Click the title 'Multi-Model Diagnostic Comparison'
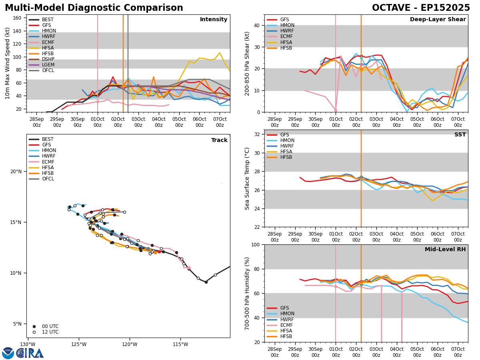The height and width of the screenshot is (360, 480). (x=94, y=8)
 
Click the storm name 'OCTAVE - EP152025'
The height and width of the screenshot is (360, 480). (x=421, y=8)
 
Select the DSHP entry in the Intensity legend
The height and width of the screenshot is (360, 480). (x=48, y=59)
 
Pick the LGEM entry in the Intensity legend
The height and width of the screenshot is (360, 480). (x=48, y=65)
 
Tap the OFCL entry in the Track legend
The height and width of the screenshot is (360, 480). (x=48, y=179)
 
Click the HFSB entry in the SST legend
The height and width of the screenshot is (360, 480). (x=287, y=157)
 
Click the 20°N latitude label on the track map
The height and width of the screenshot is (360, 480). (x=16, y=172)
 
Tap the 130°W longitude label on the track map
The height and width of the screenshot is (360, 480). (x=28, y=344)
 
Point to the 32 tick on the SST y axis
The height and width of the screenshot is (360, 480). (x=258, y=134)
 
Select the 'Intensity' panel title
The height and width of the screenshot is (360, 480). (x=214, y=20)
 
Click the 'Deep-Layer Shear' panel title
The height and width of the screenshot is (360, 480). (x=438, y=20)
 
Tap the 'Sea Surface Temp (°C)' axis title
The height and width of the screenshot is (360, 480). (x=248, y=178)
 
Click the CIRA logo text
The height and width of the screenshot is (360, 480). (x=30, y=353)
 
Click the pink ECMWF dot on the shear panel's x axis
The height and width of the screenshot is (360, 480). (x=336, y=110)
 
